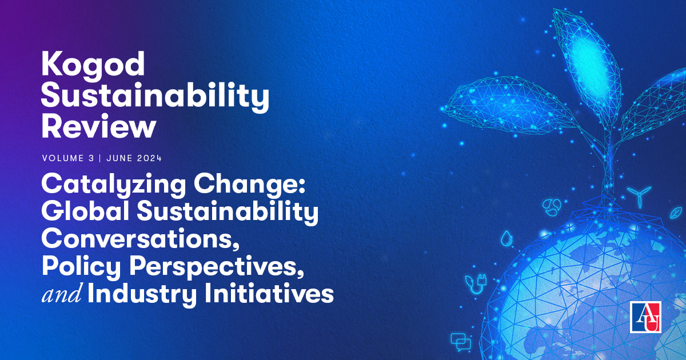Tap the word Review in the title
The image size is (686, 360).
coord(98,127)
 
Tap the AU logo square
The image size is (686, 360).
coord(645,317)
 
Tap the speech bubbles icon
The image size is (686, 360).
coord(460,341)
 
